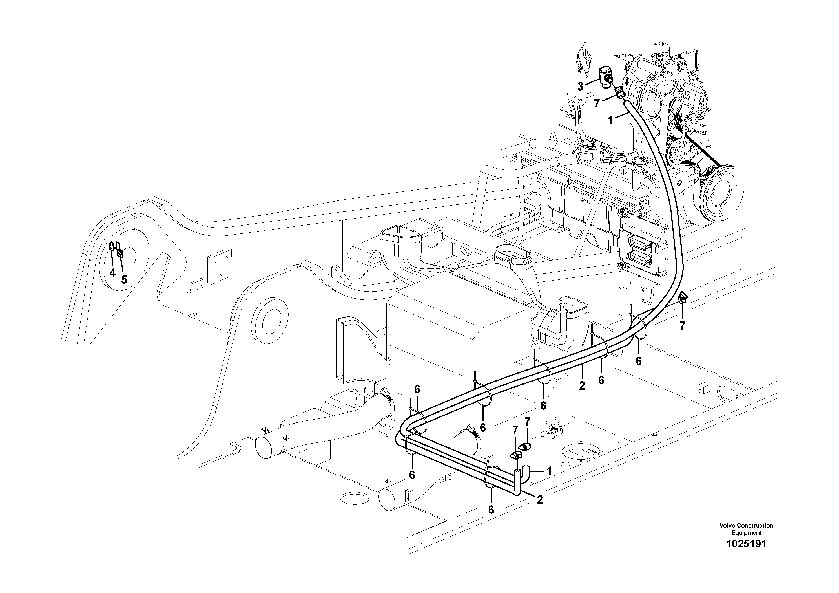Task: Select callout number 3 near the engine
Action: pos(580,86)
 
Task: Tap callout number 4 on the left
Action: pos(112,273)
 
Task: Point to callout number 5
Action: pos(124,280)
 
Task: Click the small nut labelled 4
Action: pos(111,248)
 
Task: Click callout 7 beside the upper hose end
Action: pos(597,103)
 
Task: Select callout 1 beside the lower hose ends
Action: pos(549,471)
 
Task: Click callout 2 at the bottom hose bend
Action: pos(539,500)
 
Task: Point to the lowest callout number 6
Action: pos(491,509)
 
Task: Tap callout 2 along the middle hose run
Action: pos(582,386)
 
